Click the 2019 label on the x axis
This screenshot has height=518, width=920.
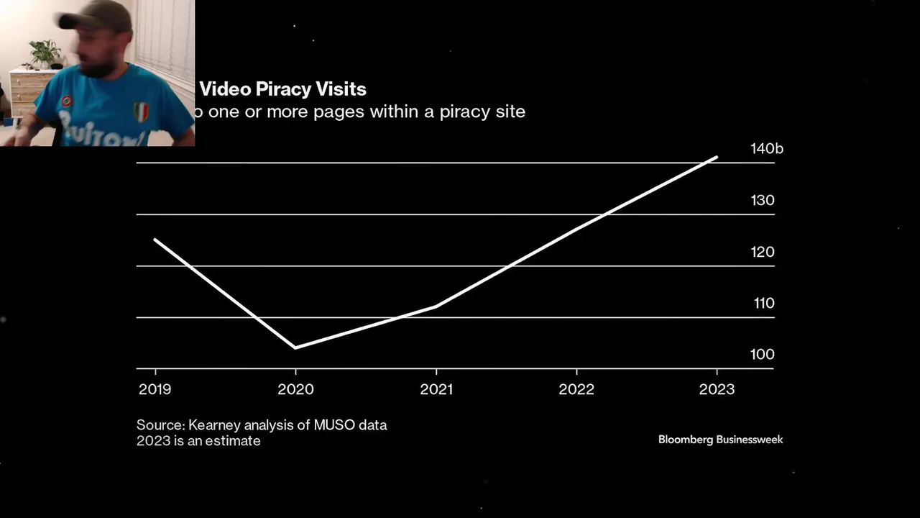tap(155, 389)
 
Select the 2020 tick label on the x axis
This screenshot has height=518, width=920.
tap(295, 389)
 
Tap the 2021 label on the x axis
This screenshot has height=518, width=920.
tap(436, 389)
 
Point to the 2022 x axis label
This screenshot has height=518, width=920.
tap(576, 389)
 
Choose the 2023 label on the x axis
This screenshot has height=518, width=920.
tap(717, 389)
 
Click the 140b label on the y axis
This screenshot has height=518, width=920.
tap(766, 149)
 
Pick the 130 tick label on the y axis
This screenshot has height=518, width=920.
tap(763, 201)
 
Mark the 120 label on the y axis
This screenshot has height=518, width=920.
tap(763, 252)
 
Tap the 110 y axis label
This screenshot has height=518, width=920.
tap(764, 304)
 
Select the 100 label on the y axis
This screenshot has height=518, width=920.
tap(763, 355)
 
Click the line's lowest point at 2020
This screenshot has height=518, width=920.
tap(295, 347)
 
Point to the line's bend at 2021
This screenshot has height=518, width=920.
tap(436, 306)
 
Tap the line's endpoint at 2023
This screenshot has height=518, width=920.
tap(717, 157)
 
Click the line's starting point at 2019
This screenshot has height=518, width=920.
tap(155, 240)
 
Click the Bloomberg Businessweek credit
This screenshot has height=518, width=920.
tap(720, 440)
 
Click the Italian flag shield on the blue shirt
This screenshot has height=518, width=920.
tap(142, 112)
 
